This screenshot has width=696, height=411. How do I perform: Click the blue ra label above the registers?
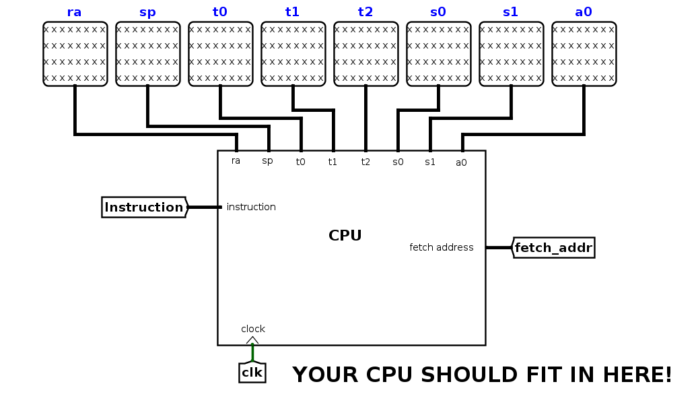(74, 12)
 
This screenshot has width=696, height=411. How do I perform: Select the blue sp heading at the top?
(147, 13)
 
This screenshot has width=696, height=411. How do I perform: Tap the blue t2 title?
(366, 12)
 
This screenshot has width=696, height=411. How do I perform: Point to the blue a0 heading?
(584, 12)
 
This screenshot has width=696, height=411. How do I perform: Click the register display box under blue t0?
(221, 54)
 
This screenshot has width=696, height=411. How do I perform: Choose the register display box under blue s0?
(439, 54)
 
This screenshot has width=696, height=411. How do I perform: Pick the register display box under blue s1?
(512, 54)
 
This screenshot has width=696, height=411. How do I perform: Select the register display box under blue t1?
(293, 54)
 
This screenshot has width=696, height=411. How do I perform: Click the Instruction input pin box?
(145, 207)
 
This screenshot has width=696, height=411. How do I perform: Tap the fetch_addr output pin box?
(553, 247)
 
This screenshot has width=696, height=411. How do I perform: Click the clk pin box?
(252, 373)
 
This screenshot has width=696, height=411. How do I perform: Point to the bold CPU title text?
(345, 236)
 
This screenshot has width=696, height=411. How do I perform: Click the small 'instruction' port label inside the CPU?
(251, 207)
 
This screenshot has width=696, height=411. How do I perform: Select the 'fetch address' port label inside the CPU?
(441, 247)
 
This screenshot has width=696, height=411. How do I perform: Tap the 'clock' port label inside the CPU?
(253, 329)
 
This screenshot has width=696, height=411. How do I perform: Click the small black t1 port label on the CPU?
(333, 162)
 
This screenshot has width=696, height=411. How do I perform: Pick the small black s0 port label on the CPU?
(398, 162)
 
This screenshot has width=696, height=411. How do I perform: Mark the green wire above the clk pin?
(252, 353)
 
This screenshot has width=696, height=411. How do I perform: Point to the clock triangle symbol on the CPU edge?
(252, 340)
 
